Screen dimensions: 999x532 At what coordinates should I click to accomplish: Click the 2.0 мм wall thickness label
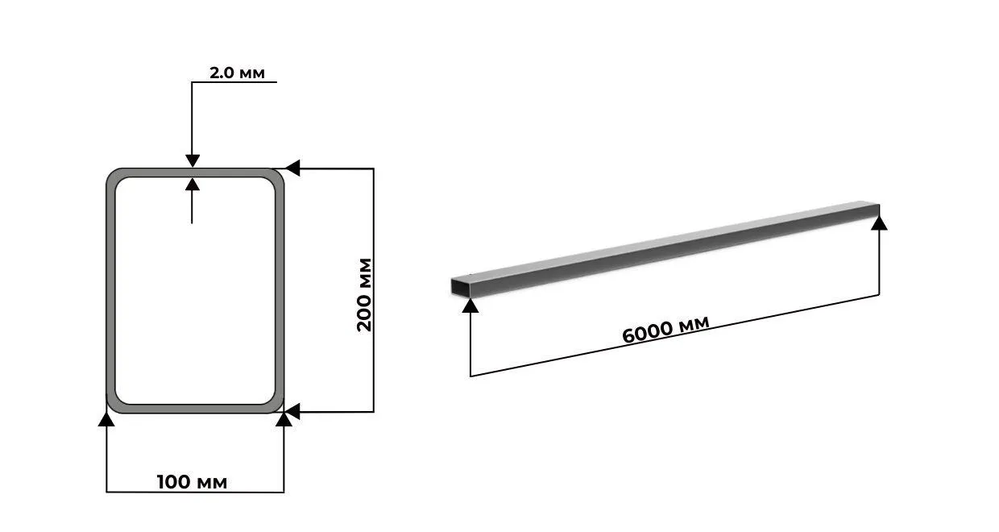pyautogui.click(x=237, y=73)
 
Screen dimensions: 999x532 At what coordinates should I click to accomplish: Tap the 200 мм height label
pyautogui.click(x=364, y=294)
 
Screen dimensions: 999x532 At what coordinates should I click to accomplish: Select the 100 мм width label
pyautogui.click(x=193, y=482)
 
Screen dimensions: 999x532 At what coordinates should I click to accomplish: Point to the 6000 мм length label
pyautogui.click(x=665, y=330)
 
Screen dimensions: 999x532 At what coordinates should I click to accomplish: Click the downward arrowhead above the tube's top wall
pyautogui.click(x=193, y=160)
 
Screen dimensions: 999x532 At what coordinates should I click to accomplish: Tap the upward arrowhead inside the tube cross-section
pyautogui.click(x=193, y=184)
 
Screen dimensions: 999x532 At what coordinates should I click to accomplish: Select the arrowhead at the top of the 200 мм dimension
pyautogui.click(x=292, y=168)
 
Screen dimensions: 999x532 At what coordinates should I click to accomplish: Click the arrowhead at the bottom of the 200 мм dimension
pyautogui.click(x=292, y=412)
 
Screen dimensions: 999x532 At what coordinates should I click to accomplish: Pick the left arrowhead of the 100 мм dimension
pyautogui.click(x=106, y=419)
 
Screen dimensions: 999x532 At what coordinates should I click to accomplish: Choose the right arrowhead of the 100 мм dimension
pyautogui.click(x=284, y=419)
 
